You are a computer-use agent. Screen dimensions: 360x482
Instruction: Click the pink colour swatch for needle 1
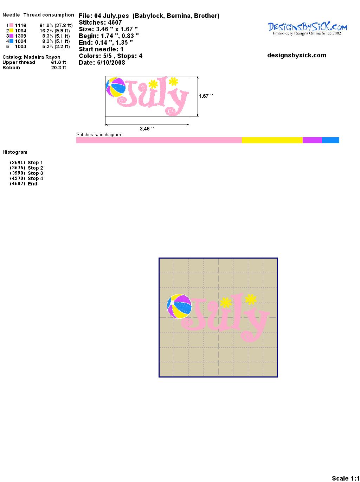point(11,25)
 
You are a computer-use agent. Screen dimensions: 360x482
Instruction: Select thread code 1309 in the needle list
point(20,36)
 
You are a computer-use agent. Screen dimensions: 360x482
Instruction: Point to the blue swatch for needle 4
point(11,41)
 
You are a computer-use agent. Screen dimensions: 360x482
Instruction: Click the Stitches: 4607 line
point(100,23)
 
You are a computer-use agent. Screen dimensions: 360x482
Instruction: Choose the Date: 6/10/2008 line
point(102,63)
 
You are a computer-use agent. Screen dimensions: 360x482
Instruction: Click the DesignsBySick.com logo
point(307,28)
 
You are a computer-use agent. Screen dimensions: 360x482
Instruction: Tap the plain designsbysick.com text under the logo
point(297,55)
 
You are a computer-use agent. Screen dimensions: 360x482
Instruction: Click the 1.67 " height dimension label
point(206,96)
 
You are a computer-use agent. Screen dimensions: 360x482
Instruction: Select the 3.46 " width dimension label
point(147,128)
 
